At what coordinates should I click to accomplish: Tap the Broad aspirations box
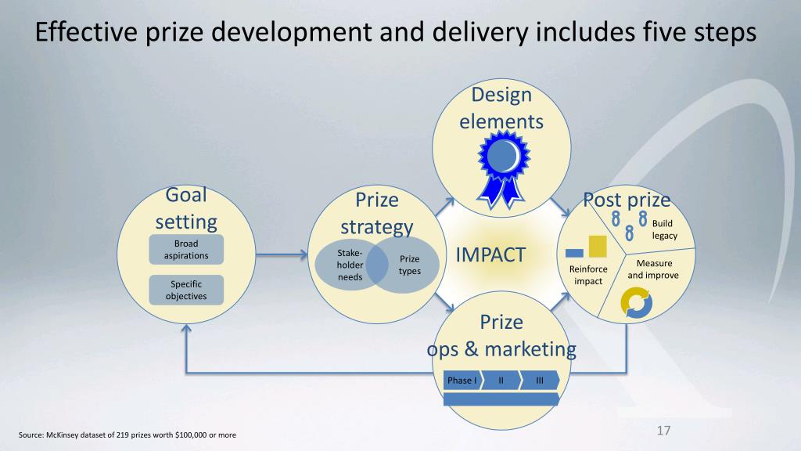pos(186,249)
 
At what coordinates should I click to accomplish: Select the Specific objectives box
pos(186,290)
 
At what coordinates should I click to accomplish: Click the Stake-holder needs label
pos(350,265)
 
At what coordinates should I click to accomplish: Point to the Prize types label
pos(410,265)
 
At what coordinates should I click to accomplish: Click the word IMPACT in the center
pos(490,254)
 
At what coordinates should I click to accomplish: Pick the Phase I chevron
pos(462,381)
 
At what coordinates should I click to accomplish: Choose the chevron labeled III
pos(541,381)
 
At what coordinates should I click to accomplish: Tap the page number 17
pos(664,431)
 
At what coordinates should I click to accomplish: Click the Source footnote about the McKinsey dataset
pos(127,435)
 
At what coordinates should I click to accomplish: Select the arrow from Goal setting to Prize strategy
pos(282,254)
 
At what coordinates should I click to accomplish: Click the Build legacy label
pos(664,229)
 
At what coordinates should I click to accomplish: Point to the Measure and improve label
pos(653,269)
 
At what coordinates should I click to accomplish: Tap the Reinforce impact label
pos(587,275)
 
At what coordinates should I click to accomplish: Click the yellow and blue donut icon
pos(635,304)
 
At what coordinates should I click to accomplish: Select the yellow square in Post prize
pos(598,245)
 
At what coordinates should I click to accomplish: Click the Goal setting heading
pos(186,207)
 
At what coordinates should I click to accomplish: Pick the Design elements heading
pos(501,108)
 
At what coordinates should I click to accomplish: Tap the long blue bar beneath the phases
pos(501,399)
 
